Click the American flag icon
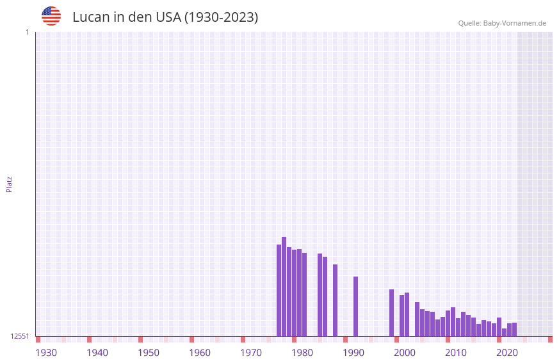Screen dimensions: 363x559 (x=51, y=16)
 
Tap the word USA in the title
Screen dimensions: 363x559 (x=168, y=17)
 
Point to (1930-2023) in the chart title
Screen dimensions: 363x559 (x=221, y=17)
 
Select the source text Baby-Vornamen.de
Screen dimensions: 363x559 (x=514, y=23)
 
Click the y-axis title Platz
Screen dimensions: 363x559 (x=9, y=184)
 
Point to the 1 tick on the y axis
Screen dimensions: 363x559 (x=28, y=32)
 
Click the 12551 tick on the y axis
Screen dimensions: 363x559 (x=20, y=336)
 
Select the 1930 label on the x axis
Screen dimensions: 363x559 (x=46, y=353)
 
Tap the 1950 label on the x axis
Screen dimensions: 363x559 (x=149, y=353)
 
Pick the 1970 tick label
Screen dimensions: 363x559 (x=251, y=353)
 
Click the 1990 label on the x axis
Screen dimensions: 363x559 (x=353, y=353)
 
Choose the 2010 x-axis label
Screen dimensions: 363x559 (x=456, y=353)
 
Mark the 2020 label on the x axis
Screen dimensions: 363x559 (x=507, y=353)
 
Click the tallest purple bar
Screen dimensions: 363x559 (x=284, y=286)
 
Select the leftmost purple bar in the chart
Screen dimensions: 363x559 (x=279, y=290)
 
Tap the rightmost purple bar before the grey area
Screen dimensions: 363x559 (x=514, y=329)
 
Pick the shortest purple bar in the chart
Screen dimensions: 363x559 (x=504, y=332)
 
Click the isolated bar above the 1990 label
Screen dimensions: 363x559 (x=356, y=306)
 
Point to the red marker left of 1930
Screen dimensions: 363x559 (x=38, y=339)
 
